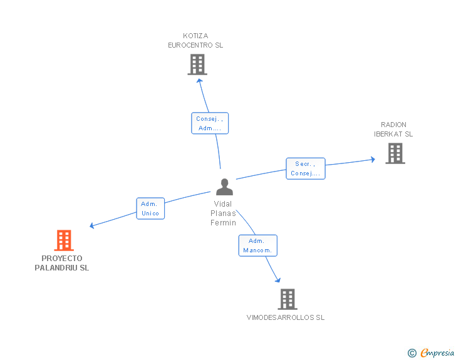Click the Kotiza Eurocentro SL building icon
click(197, 64)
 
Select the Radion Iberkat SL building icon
click(395, 153)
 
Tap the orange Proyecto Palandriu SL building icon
click(63, 240)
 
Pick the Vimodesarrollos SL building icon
click(287, 299)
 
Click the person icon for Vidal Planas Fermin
click(224, 187)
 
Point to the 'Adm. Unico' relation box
click(150, 208)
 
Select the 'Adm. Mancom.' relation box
click(257, 245)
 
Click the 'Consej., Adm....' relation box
click(209, 123)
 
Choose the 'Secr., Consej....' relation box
click(306, 168)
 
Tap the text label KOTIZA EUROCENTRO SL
click(195, 41)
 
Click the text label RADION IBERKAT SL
click(393, 129)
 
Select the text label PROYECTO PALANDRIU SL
click(62, 263)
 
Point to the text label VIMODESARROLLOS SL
click(286, 317)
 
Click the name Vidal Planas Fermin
click(224, 213)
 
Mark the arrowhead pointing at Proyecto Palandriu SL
click(92, 225)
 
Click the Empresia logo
click(437, 353)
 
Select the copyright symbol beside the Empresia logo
click(412, 353)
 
